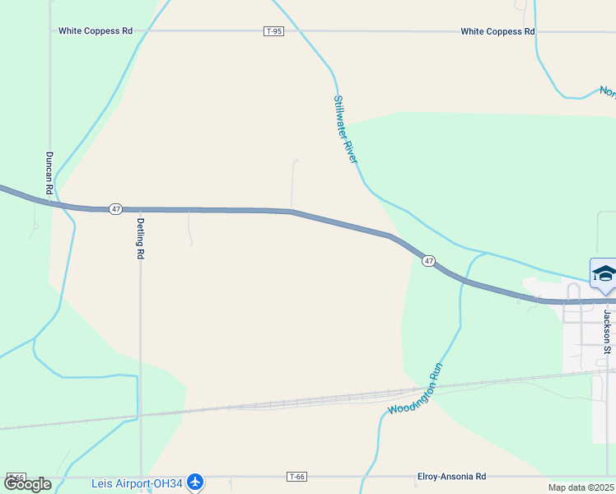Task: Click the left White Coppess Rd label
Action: point(96,31)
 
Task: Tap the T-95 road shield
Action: point(274,31)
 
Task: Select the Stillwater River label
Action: point(346,128)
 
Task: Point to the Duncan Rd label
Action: point(49,173)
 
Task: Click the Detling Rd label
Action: point(141,238)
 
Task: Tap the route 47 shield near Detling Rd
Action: point(115,209)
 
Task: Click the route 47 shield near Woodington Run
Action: point(428,261)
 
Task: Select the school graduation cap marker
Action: point(604,274)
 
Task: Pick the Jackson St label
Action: point(607,332)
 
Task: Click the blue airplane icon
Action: point(194,481)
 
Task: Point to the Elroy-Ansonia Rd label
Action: point(451,477)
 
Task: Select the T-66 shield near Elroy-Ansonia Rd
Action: point(297,477)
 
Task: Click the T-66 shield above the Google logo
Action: point(16,477)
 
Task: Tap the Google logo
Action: point(26,485)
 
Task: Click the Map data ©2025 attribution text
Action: point(581,487)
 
